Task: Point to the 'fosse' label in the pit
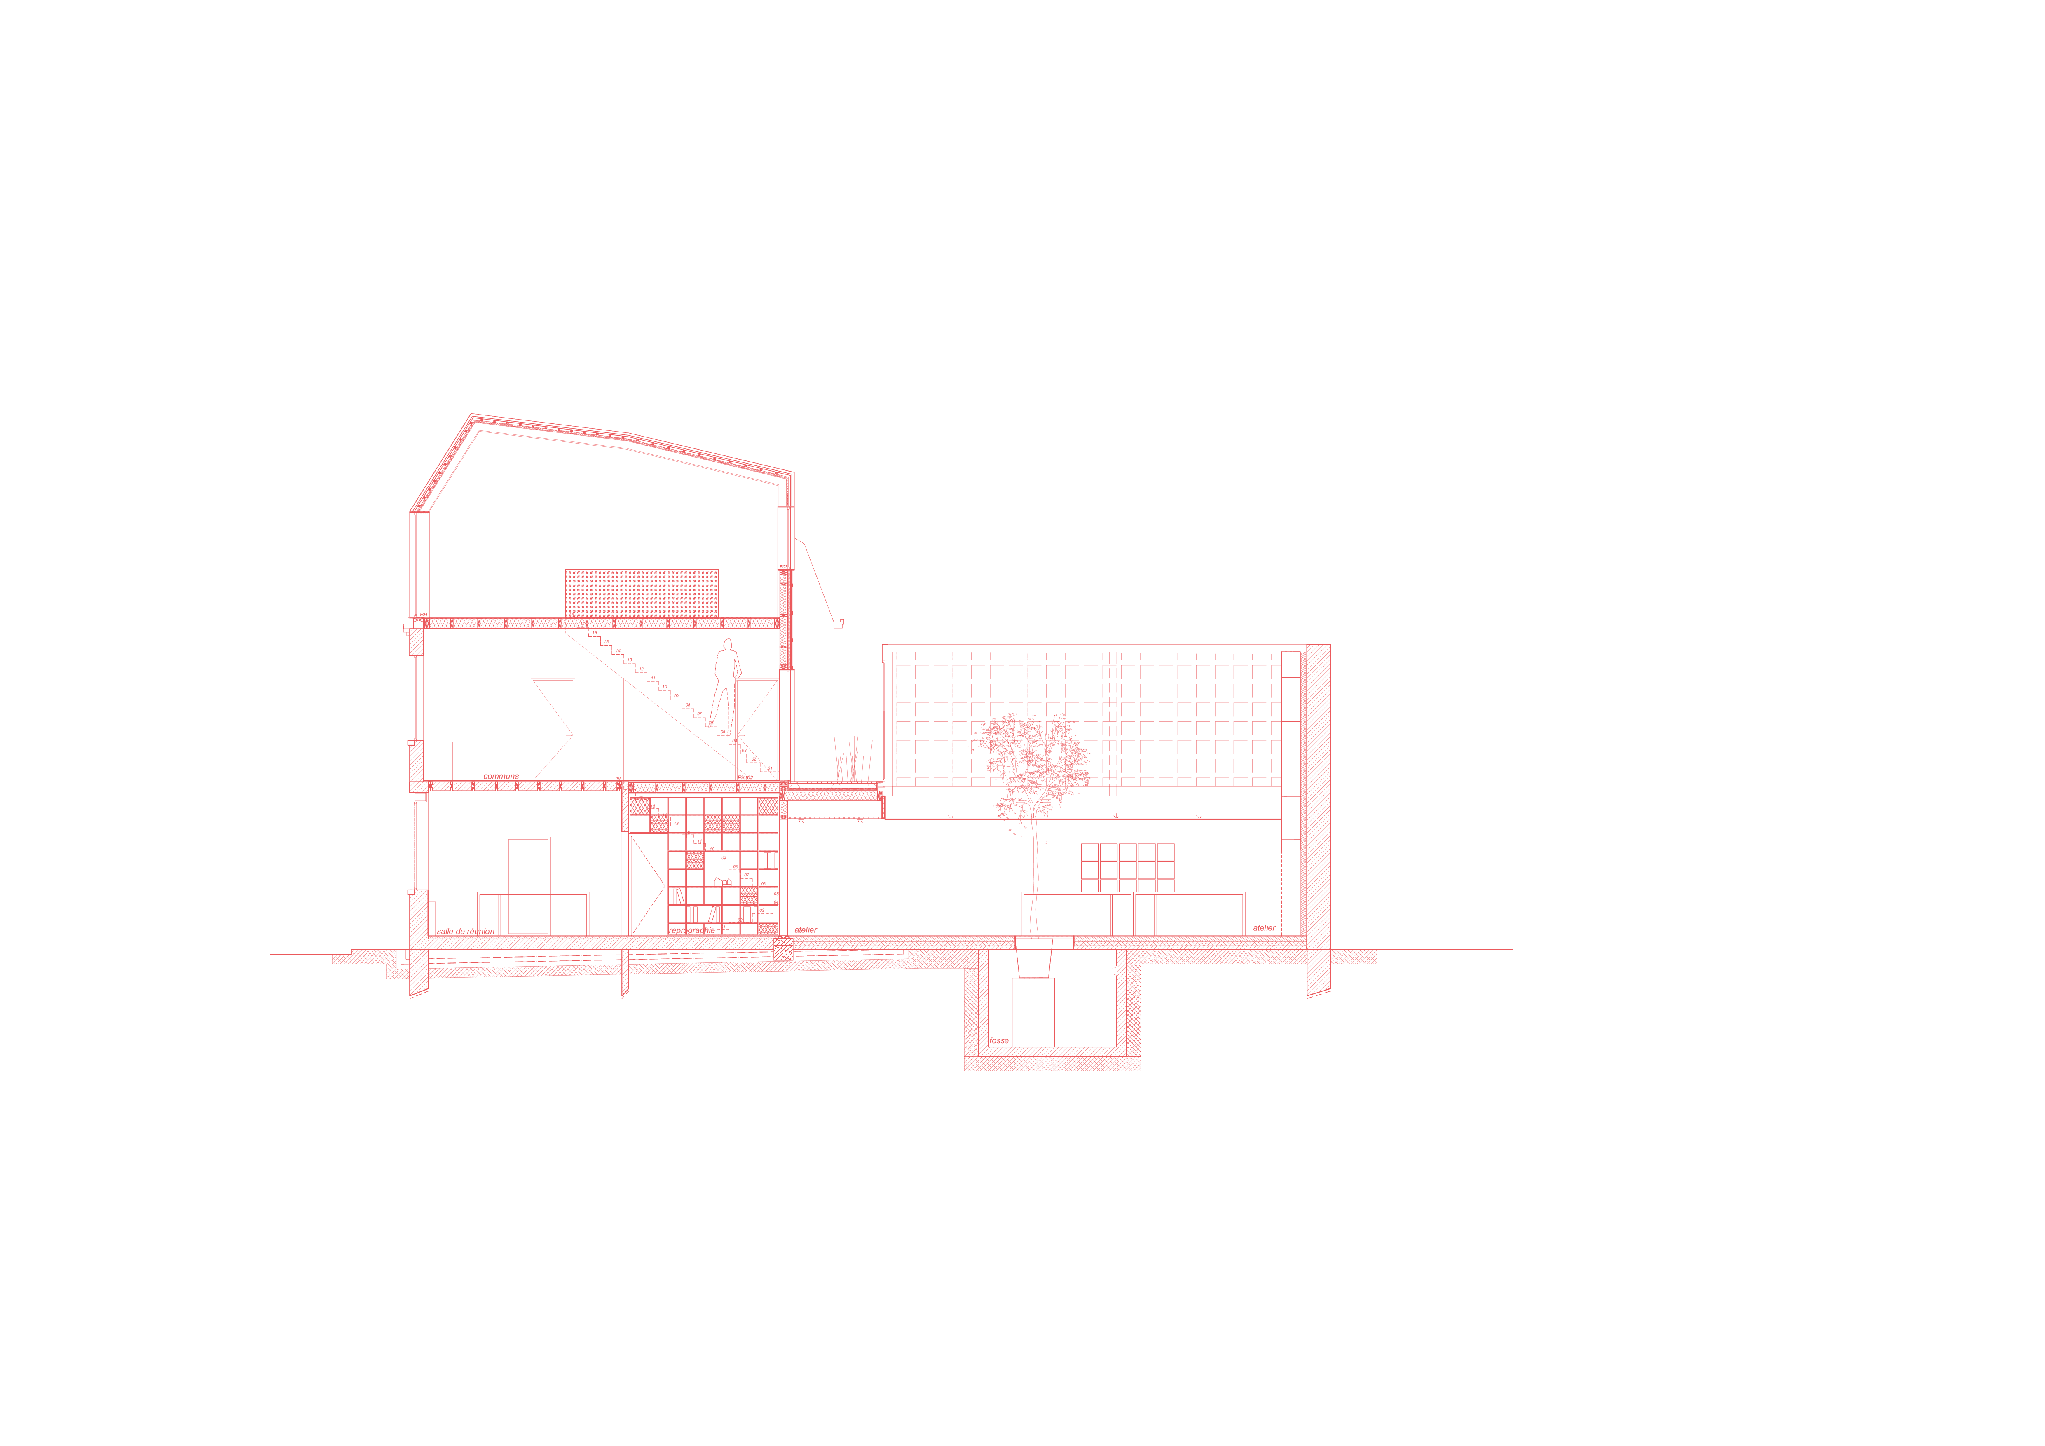pos(998,1041)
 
